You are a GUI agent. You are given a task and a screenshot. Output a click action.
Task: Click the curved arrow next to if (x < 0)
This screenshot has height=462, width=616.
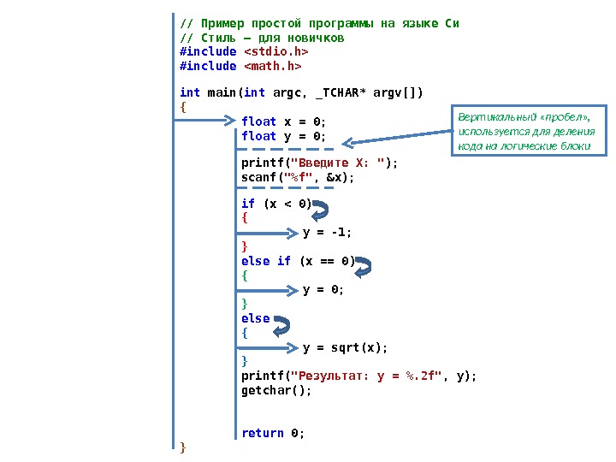pyautogui.click(x=321, y=210)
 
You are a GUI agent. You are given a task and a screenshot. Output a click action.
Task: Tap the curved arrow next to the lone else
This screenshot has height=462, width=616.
pyautogui.click(x=280, y=325)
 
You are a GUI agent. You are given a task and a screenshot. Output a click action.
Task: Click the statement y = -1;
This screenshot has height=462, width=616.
pyautogui.click(x=328, y=232)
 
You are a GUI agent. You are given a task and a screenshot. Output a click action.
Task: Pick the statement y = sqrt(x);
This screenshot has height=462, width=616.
pyautogui.click(x=345, y=347)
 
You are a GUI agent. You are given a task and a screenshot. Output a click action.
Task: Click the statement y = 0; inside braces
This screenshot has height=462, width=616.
pyautogui.click(x=323, y=290)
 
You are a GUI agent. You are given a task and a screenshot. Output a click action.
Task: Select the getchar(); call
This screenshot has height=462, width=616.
pyautogui.click(x=276, y=390)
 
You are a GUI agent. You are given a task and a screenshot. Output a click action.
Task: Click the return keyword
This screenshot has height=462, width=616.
pyautogui.click(x=262, y=433)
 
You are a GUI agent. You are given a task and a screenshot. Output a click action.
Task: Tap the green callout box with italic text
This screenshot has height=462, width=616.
pyautogui.click(x=530, y=131)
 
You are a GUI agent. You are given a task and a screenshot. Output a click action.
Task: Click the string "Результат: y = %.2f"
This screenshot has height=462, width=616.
pyautogui.click(x=366, y=376)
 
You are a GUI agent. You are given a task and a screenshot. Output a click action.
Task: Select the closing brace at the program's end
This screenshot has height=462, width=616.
pyautogui.click(x=183, y=447)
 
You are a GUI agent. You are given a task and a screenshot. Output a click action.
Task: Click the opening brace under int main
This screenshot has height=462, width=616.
pyautogui.click(x=183, y=107)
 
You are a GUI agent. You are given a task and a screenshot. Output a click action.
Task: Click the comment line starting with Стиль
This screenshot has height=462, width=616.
pyautogui.click(x=262, y=38)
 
